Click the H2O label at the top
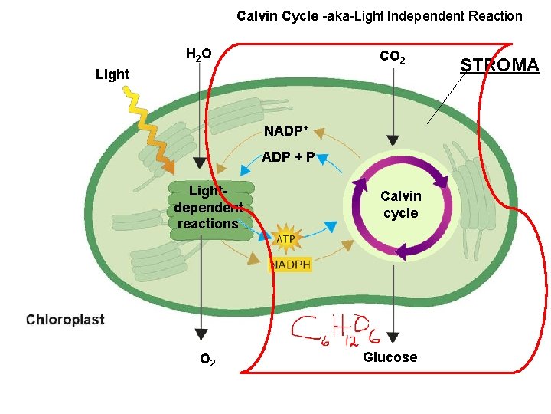[x=199, y=54]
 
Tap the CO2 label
[x=393, y=58]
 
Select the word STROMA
[x=500, y=65]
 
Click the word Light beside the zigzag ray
[x=112, y=74]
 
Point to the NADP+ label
[x=287, y=130]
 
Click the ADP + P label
[x=289, y=157]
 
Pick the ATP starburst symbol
[x=285, y=239]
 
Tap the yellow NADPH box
[x=290, y=264]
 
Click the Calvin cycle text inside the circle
[x=401, y=205]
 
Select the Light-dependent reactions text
[x=207, y=207]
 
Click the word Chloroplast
[x=65, y=320]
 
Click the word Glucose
[x=390, y=357]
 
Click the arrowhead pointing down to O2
[x=201, y=334]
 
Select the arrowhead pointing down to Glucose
[x=393, y=336]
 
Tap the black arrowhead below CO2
[x=393, y=140]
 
